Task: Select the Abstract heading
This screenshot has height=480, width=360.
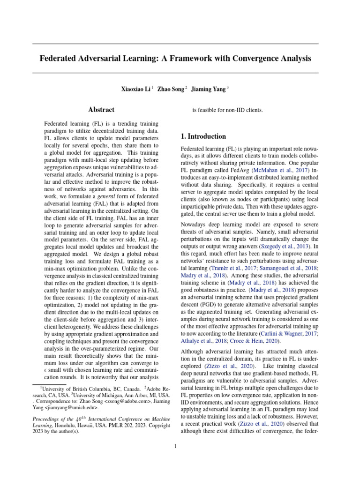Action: point(101,110)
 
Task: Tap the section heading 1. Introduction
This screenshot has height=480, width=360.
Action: point(203,136)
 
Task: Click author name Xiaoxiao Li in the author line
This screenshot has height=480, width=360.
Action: point(136,88)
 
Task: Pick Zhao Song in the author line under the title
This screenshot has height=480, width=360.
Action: point(171,88)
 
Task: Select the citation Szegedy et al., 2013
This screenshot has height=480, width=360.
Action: point(287,246)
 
